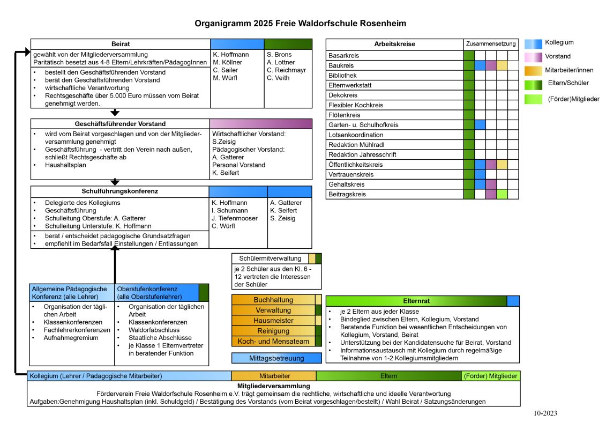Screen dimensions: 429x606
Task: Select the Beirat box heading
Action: pos(121,44)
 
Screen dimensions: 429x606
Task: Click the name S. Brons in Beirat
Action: pos(279,54)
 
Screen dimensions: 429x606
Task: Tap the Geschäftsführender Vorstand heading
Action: pos(120,124)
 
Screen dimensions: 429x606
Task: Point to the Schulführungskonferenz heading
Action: pos(120,191)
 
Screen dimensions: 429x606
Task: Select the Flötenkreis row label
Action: pos(344,115)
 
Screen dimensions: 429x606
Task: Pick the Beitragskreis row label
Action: pos(347,194)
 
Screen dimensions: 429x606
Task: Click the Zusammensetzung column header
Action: pos(491,44)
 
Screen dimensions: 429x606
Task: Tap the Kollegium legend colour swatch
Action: pos(533,43)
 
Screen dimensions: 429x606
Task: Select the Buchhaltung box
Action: pos(273,300)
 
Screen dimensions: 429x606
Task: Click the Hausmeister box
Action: pos(273,320)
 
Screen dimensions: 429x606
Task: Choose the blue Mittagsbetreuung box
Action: pos(276,358)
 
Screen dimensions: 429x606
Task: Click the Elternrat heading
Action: pos(416,301)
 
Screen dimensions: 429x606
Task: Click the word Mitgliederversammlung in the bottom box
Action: pos(273,386)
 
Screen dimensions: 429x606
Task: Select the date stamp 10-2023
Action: pos(545,413)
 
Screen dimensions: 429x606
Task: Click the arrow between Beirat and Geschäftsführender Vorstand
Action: pos(115,113)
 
